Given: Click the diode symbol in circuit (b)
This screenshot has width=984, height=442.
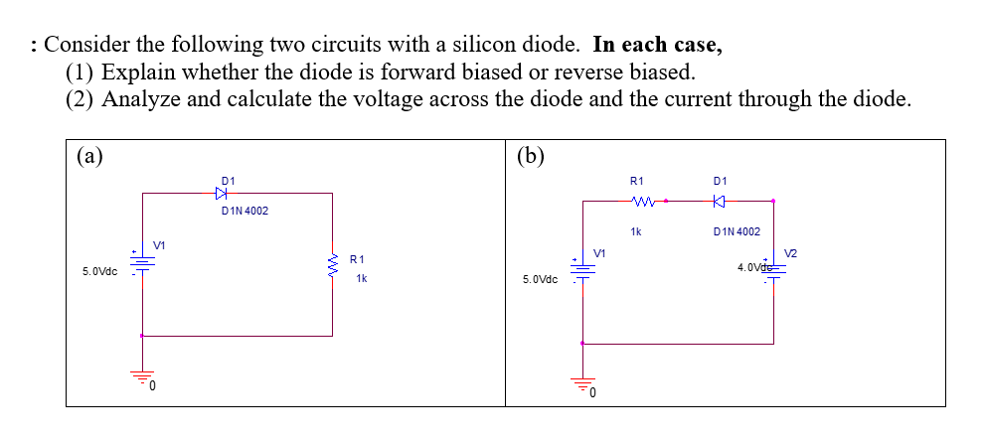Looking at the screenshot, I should [721, 202].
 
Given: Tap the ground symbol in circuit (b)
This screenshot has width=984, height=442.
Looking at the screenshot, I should [582, 383].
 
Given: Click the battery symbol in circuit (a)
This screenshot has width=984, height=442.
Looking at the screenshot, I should [142, 263].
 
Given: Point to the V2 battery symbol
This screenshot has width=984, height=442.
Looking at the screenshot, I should [773, 274].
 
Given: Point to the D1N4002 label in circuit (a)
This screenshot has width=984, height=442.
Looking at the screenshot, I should [244, 212].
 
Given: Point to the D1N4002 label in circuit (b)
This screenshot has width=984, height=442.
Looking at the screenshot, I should [737, 231].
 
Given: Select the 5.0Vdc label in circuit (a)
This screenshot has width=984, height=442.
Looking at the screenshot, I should [99, 271].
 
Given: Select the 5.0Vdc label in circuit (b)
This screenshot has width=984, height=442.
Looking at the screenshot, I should [540, 280].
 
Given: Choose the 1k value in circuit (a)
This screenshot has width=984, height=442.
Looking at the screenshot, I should [362, 278].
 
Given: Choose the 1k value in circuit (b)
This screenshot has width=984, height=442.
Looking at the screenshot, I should [636, 231].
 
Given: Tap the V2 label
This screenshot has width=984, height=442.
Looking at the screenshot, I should [791, 252].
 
